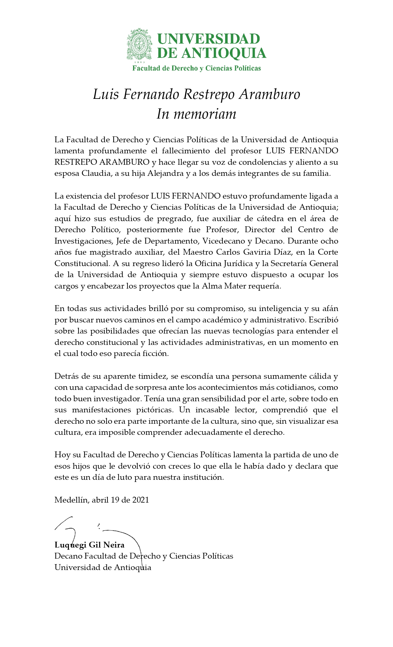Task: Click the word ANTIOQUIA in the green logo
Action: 223,53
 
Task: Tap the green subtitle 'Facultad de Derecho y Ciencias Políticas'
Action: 197,68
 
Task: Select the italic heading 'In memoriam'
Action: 197,114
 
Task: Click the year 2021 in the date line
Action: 141,500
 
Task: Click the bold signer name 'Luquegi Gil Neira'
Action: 89,545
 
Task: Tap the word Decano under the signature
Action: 68,556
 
